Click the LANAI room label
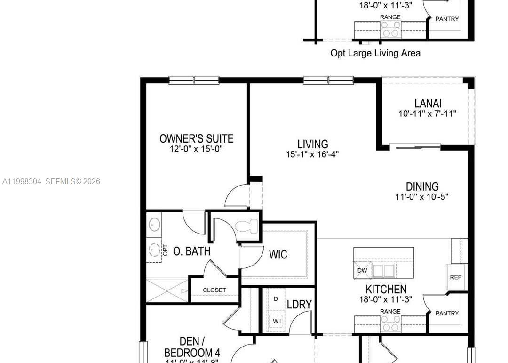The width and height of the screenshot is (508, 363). coord(428,103)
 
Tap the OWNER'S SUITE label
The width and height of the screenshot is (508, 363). coord(196,138)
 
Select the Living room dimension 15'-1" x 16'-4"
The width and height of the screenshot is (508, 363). coord(312,154)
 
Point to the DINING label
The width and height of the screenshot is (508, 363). coord(422,186)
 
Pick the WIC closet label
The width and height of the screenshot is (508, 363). coord(278,255)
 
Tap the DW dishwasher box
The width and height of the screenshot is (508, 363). coord(362,271)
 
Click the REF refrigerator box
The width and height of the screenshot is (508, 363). coord(455,277)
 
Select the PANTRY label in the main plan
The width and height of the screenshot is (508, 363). coord(447,313)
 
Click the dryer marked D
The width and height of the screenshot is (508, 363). coord(276,299)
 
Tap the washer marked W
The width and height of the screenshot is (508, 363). coord(276,322)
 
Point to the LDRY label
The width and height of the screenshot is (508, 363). coord(299,305)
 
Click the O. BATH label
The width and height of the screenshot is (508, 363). coord(191,251)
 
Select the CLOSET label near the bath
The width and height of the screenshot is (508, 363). coord(214,290)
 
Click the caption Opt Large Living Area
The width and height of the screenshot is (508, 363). coord(375,53)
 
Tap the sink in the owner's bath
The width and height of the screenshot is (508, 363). coord(154,225)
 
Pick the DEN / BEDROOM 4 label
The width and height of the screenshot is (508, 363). coord(192,347)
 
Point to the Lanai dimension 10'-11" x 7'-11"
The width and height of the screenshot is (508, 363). coord(428,113)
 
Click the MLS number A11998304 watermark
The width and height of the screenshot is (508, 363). coord(22,181)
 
